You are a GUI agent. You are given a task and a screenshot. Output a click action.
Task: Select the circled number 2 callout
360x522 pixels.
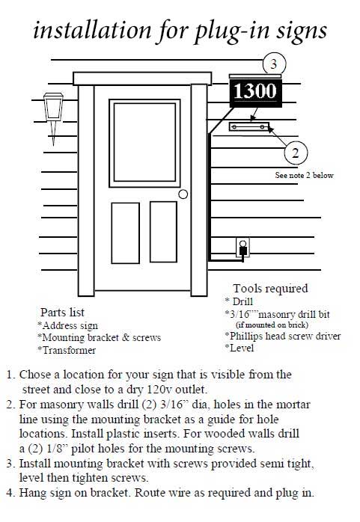pos(296,153)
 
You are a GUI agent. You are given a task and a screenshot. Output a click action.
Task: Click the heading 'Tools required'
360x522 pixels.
pos(270,288)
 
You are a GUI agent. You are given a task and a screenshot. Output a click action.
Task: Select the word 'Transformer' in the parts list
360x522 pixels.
pos(70,349)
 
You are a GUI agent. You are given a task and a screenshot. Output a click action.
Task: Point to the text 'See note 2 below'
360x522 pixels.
pos(304,175)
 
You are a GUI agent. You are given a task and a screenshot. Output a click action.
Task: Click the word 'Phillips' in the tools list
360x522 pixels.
pos(249,336)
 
